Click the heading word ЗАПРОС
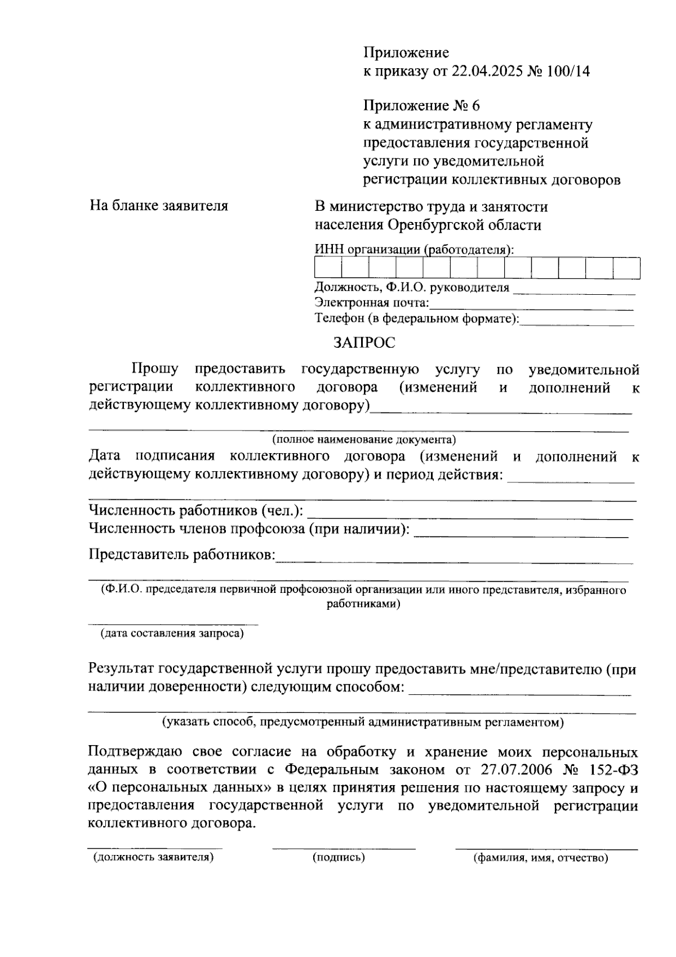coord(364,342)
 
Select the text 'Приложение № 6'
coord(421,106)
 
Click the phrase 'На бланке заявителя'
coord(159,206)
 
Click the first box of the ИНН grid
coord(328,268)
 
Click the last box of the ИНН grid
coord(626,268)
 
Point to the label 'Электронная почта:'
coord(372,303)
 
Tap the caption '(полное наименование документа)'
coord(364,440)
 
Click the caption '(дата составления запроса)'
coord(172,633)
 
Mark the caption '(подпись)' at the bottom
coord(339,857)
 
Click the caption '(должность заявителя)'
coord(153,857)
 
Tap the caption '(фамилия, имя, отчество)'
coord(540,858)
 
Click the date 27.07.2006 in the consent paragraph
coord(515,770)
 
